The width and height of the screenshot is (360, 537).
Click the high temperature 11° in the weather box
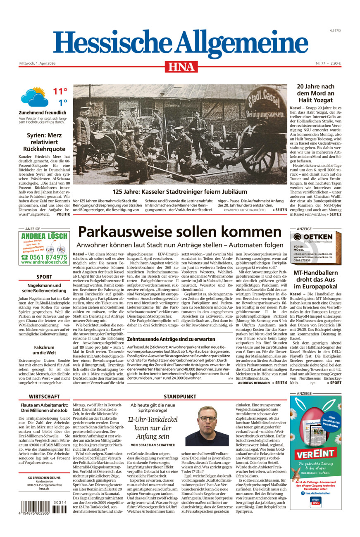click(x=60, y=91)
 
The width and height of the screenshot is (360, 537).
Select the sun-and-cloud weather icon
click(x=34, y=97)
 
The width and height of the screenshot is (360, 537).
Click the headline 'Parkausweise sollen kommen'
click(x=180, y=232)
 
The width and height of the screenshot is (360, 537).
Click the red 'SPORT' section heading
click(x=44, y=277)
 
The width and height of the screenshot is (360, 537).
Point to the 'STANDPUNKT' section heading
click(x=180, y=396)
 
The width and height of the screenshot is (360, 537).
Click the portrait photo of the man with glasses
click(x=207, y=426)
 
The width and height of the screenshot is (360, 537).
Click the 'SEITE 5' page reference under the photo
click(x=280, y=210)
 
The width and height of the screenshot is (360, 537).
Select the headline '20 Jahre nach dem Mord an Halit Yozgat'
click(x=315, y=93)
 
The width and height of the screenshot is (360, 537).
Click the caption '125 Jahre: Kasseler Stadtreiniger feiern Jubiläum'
click(x=180, y=192)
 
